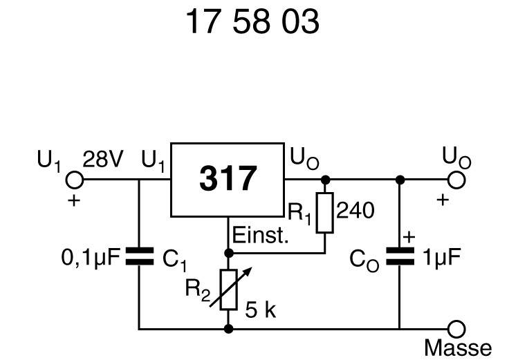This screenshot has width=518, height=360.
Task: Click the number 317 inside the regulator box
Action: coord(228,180)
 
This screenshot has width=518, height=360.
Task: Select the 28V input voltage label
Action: coord(102,161)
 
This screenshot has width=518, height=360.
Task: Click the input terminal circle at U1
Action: coord(73,180)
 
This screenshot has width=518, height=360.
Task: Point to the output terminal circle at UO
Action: coord(456,180)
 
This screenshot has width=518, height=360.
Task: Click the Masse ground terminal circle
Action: coord(456,329)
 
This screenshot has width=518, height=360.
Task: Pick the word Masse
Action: coord(458,348)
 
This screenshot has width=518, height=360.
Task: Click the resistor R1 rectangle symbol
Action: coord(324,213)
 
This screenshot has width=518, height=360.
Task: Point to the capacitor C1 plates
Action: coord(139,258)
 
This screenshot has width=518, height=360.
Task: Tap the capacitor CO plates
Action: coord(399,258)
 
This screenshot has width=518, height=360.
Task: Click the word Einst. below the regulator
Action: coord(261,237)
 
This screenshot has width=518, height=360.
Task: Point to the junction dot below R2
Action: coord(229,329)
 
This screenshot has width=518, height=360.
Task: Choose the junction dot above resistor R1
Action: coord(325,180)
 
